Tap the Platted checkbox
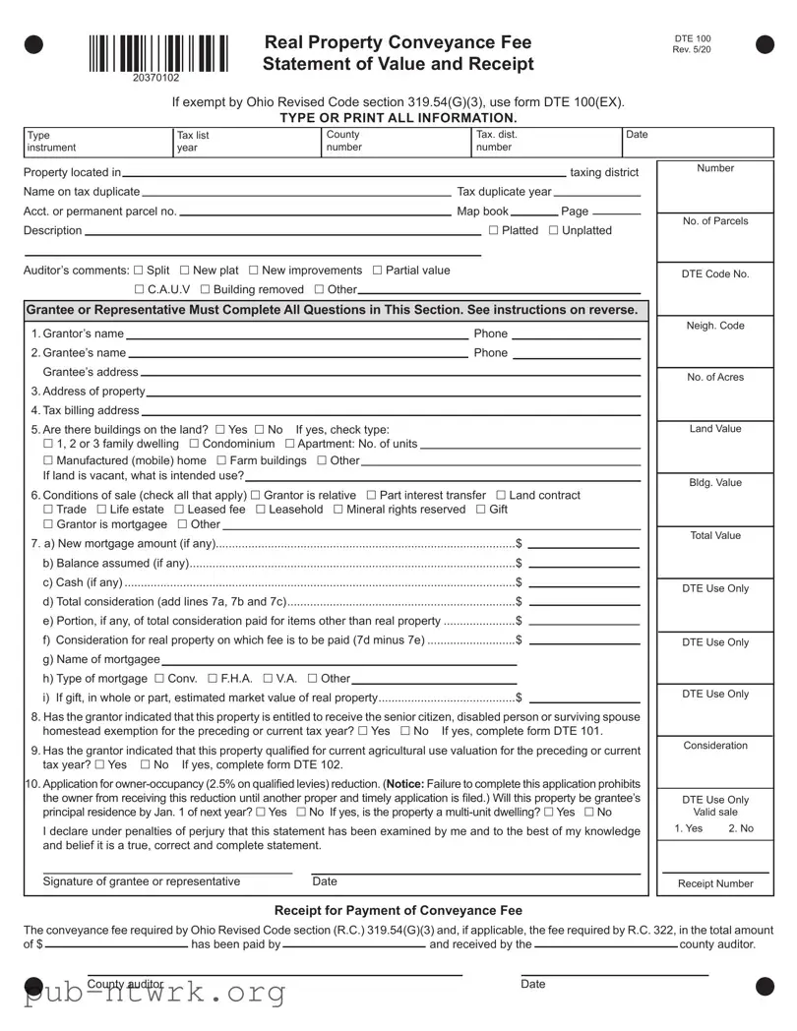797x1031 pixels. [494, 231]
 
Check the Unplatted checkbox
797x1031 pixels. [553, 231]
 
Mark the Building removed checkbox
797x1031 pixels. [205, 289]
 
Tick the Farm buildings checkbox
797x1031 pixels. [221, 460]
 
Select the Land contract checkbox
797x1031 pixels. [501, 495]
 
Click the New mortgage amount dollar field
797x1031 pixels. [583, 545]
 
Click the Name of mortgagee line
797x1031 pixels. [339, 660]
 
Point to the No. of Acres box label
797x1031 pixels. [715, 378]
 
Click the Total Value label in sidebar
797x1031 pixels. [715, 536]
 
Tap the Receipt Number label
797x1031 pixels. [715, 883]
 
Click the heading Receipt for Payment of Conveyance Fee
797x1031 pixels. [398, 910]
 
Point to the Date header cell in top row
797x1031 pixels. [638, 135]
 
